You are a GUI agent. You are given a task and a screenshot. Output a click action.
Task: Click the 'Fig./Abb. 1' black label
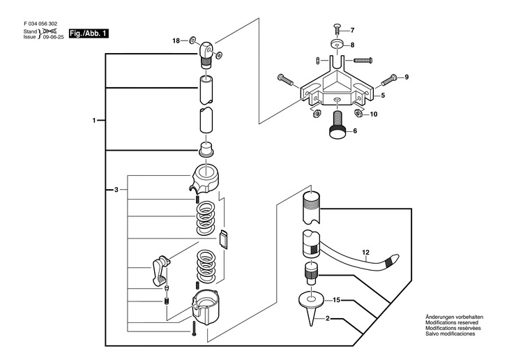(89, 33)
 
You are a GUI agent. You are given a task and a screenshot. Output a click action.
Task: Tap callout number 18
(176, 41)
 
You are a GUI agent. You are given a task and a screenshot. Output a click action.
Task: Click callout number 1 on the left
(94, 121)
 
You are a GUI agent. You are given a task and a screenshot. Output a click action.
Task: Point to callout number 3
(116, 189)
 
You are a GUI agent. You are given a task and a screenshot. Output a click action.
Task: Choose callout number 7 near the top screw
(352, 30)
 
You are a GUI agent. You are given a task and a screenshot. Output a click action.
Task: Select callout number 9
(407, 77)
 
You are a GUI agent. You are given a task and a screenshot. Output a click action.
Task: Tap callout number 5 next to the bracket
(382, 95)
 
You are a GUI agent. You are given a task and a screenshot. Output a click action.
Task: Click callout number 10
(373, 114)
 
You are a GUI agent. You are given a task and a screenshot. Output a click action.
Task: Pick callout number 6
(354, 130)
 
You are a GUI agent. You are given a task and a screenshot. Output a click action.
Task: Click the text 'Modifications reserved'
(454, 322)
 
